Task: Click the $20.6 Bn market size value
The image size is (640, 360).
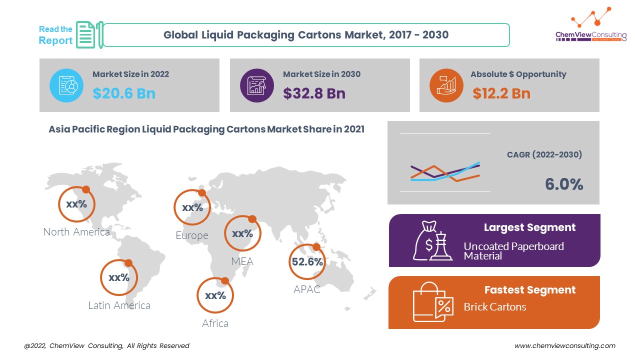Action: [123, 93]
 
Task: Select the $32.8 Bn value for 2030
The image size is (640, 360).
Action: [314, 93]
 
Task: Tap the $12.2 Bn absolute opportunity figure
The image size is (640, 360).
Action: [501, 93]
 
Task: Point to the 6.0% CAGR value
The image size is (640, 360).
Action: [564, 184]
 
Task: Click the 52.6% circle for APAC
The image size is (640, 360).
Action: [307, 261]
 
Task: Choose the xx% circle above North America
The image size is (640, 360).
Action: [76, 204]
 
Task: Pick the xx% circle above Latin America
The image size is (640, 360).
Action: [118, 277]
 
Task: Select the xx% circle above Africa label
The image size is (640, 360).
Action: [215, 295]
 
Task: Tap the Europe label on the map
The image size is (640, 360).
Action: [191, 235]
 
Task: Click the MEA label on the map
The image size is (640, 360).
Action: [242, 261]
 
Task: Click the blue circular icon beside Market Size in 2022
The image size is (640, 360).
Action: [66, 85]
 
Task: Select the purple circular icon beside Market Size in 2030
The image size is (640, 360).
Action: [257, 85]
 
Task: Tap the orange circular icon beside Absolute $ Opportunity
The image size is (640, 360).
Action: [446, 85]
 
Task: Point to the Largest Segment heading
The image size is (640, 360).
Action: [529, 227]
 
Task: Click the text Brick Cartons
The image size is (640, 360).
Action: [494, 306]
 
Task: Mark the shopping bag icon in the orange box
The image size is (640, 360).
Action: [432, 302]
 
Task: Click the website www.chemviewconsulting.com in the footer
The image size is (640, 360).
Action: [565, 345]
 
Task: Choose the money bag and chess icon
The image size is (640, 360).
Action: [432, 241]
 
